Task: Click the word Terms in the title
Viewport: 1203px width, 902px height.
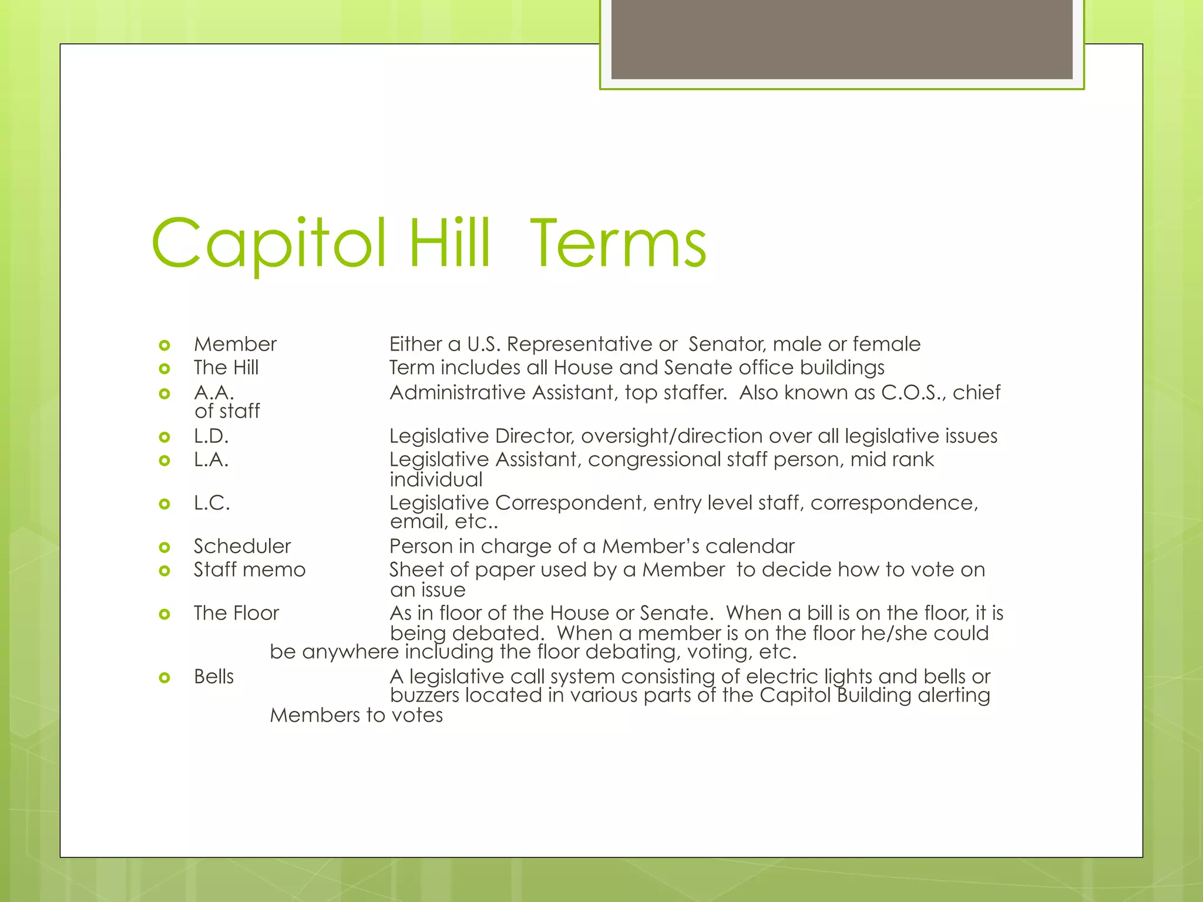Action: tap(618, 243)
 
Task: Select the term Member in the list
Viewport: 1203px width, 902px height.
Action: tap(235, 344)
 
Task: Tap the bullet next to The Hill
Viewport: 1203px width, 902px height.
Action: tap(164, 369)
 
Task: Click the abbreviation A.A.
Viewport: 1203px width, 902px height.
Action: tap(214, 392)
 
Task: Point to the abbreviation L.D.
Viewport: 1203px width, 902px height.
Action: tap(211, 436)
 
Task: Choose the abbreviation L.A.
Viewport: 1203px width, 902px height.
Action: tap(211, 460)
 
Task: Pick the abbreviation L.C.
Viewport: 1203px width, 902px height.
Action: tap(211, 503)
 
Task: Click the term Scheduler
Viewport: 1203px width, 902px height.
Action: tap(242, 547)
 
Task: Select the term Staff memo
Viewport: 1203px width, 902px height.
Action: tap(250, 570)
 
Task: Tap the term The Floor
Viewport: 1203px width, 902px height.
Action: tap(236, 614)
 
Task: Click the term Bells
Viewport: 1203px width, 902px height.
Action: tap(214, 677)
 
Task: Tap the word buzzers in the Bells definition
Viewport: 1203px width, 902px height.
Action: tap(424, 696)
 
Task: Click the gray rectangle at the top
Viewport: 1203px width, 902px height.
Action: tap(841, 39)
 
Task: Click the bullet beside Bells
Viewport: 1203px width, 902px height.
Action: tap(164, 678)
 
